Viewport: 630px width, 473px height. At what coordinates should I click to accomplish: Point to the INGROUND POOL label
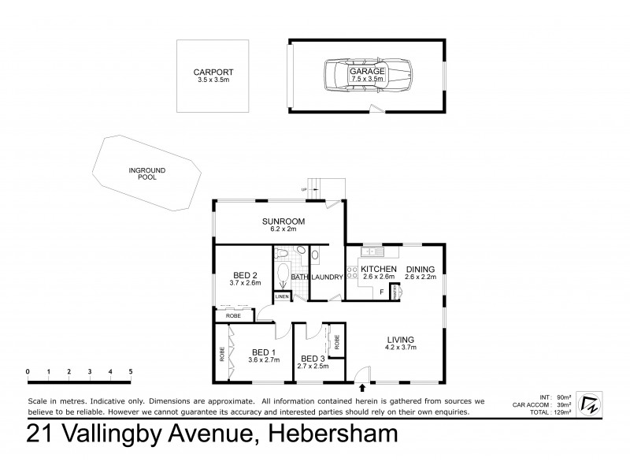pyautogui.click(x=143, y=173)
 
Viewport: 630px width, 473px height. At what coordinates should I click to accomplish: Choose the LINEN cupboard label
pyautogui.click(x=282, y=296)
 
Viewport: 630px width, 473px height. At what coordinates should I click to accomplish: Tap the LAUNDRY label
pyautogui.click(x=326, y=277)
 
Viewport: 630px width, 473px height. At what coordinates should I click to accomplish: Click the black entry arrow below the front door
pyautogui.click(x=362, y=387)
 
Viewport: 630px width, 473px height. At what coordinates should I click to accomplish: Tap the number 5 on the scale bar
pyautogui.click(x=131, y=371)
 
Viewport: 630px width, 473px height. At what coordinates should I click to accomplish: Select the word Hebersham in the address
pyautogui.click(x=333, y=434)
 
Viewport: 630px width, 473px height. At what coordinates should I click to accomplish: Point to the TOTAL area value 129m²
pyautogui.click(x=563, y=413)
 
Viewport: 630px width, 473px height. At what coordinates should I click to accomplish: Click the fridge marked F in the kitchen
pyautogui.click(x=382, y=292)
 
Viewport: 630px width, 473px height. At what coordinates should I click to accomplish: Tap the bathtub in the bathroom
pyautogui.click(x=283, y=274)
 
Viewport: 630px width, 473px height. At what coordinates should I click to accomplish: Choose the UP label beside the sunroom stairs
pyautogui.click(x=303, y=190)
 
